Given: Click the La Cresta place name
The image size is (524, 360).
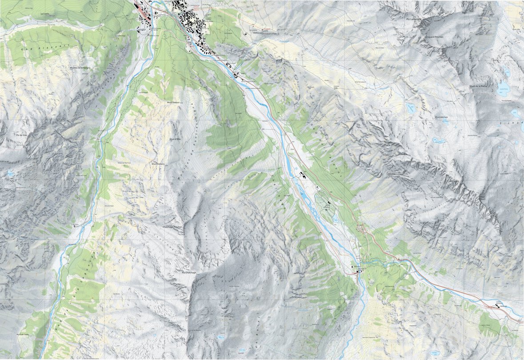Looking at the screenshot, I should (44, 14).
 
